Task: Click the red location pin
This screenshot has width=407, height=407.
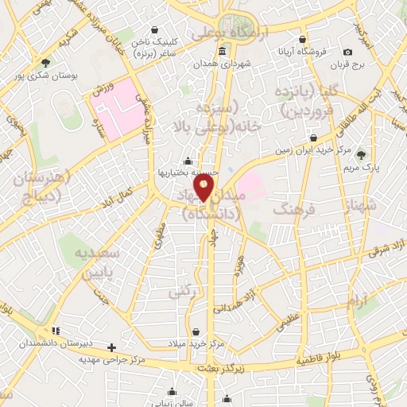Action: coord(205,188)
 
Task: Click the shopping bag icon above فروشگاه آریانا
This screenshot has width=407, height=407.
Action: coord(302,38)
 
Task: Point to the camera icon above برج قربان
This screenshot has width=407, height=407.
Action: coord(348,52)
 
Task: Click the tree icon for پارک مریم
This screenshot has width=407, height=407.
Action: coord(362,153)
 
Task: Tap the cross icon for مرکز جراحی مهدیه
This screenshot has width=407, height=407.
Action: coord(112,347)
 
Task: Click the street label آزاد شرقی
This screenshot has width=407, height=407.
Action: coord(387,249)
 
